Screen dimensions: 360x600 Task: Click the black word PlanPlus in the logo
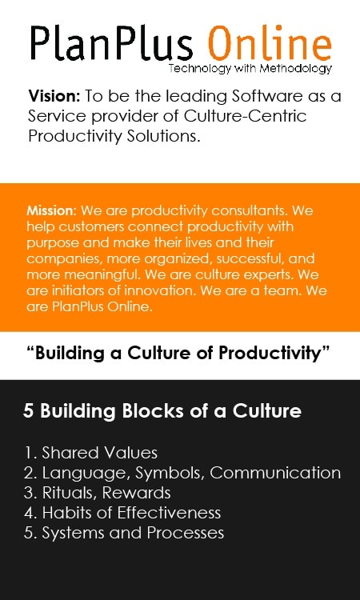coord(111,43)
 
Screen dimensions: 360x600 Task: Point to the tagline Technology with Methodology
coord(250,69)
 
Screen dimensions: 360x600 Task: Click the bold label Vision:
coord(54,96)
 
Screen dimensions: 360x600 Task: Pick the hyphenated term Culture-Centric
coord(246,116)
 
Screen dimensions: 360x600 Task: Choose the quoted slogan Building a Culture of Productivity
coord(178,354)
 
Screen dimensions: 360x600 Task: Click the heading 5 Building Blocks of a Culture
coord(162,411)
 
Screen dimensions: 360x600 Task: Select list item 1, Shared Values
coord(90,453)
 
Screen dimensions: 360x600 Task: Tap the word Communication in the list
coord(275,473)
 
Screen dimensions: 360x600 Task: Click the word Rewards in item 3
coord(137,493)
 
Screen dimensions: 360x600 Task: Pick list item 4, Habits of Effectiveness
coord(122,513)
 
